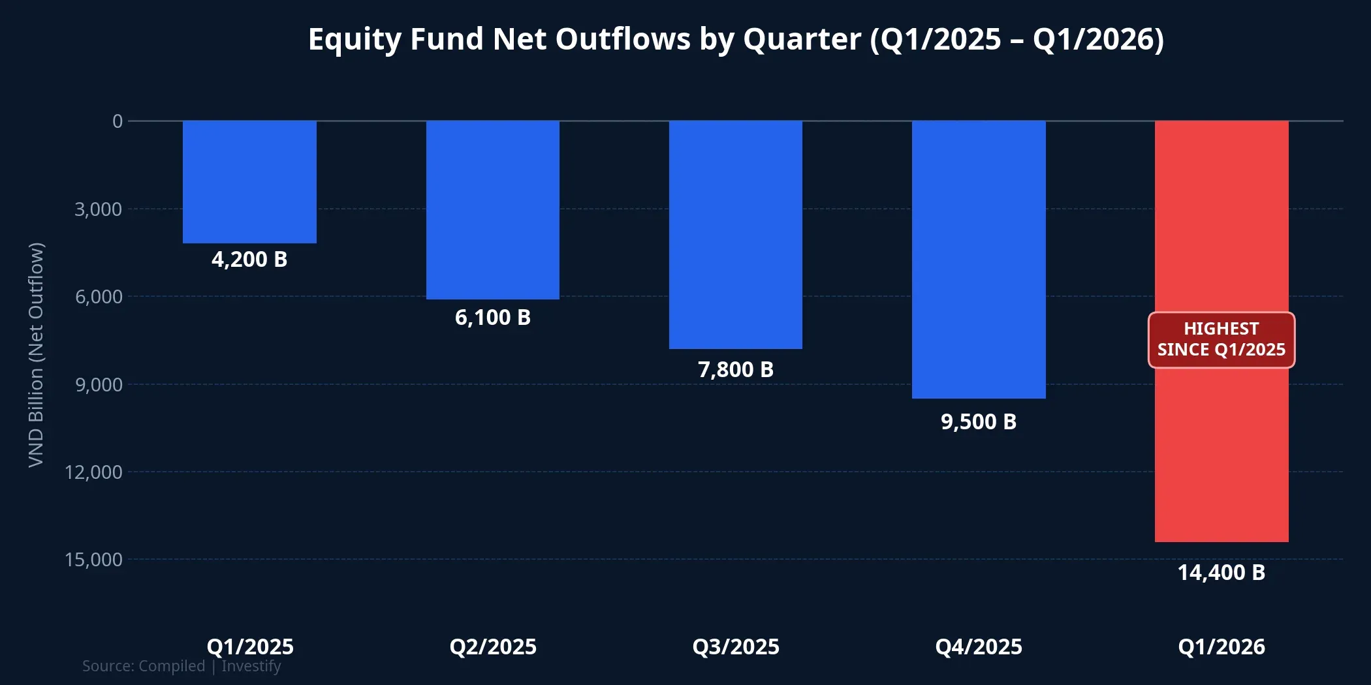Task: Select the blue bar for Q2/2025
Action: (x=493, y=209)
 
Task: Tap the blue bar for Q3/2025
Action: (x=736, y=234)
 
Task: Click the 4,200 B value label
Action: (x=249, y=260)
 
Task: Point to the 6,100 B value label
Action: (x=493, y=318)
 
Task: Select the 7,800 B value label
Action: (x=736, y=370)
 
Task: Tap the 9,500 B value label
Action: (x=979, y=422)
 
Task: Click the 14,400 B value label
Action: (x=1221, y=573)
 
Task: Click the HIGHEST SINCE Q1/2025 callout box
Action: (x=1221, y=340)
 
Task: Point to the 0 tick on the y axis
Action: (x=118, y=121)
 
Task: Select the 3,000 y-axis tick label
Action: (x=99, y=209)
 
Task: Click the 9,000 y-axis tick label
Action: (x=99, y=385)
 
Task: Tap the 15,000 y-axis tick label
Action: (x=94, y=560)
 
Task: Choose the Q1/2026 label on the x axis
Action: (x=1221, y=647)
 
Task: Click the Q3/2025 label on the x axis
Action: (x=736, y=647)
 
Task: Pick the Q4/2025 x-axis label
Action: (x=979, y=647)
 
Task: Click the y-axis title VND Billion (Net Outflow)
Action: (x=36, y=355)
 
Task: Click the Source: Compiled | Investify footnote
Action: (x=181, y=666)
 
